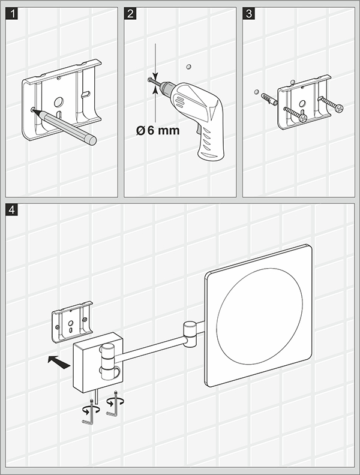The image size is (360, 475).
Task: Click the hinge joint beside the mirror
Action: (190, 333)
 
